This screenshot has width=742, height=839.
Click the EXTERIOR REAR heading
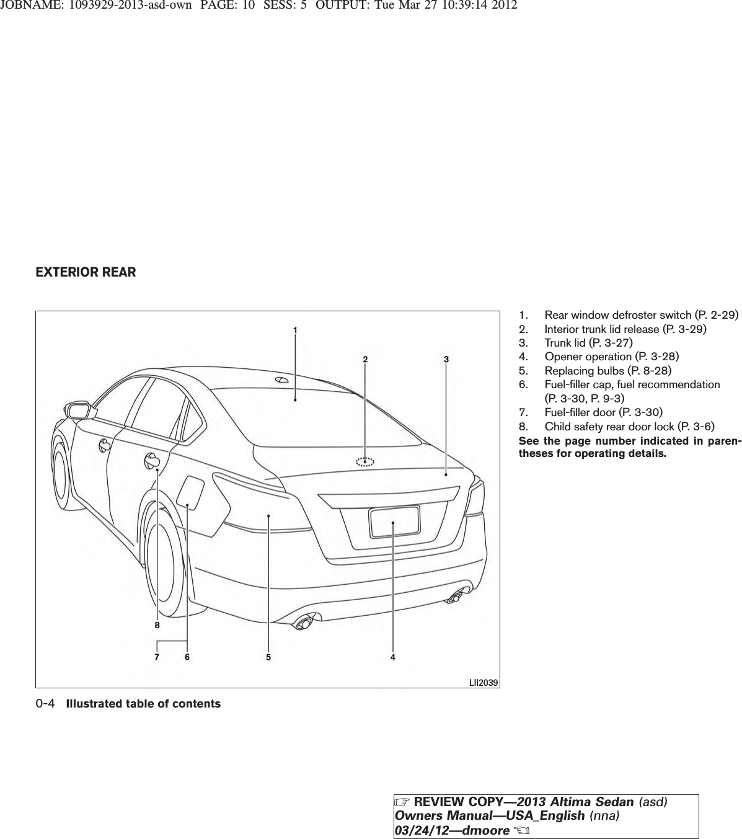(x=86, y=272)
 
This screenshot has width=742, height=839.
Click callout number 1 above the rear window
(x=296, y=330)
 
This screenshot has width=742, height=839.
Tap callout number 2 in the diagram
(x=365, y=359)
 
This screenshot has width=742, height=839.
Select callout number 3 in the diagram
(x=446, y=359)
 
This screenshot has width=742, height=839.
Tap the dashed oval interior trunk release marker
(x=365, y=461)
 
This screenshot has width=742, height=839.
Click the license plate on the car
(x=394, y=521)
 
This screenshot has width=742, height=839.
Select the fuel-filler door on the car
(x=191, y=492)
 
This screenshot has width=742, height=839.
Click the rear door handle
(x=151, y=460)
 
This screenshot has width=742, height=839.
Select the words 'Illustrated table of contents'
(x=143, y=704)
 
